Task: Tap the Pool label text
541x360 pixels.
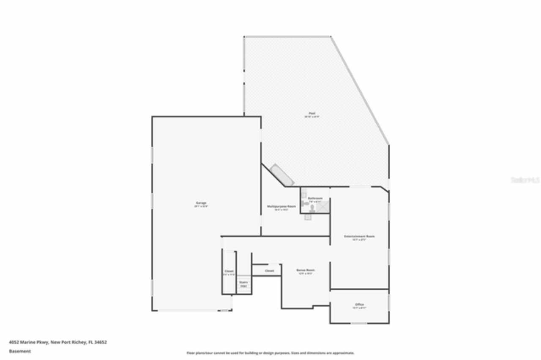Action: pyautogui.click(x=312, y=113)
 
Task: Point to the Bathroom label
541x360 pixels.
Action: pyautogui.click(x=315, y=198)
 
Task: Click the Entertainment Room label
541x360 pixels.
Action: pyautogui.click(x=359, y=236)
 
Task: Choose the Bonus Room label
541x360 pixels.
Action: pyautogui.click(x=305, y=270)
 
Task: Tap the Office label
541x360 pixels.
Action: pyautogui.click(x=359, y=304)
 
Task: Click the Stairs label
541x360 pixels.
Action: pyautogui.click(x=243, y=282)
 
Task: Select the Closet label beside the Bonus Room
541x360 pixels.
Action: pyautogui.click(x=269, y=271)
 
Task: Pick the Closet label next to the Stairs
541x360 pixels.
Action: pyautogui.click(x=229, y=271)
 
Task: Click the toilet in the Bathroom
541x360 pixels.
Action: pyautogui.click(x=312, y=208)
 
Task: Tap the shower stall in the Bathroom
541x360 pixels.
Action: pyautogui.click(x=323, y=207)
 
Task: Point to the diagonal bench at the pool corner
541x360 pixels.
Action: pyautogui.click(x=282, y=175)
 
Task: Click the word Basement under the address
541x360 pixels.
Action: pyautogui.click(x=20, y=351)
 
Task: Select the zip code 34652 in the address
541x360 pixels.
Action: pyautogui.click(x=101, y=342)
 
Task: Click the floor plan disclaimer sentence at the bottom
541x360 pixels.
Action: pyautogui.click(x=270, y=353)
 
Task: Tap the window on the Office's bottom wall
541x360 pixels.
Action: pyautogui.click(x=359, y=323)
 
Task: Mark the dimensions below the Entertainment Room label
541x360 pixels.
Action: pyautogui.click(x=359, y=240)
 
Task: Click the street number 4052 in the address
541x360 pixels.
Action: pyautogui.click(x=14, y=342)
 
